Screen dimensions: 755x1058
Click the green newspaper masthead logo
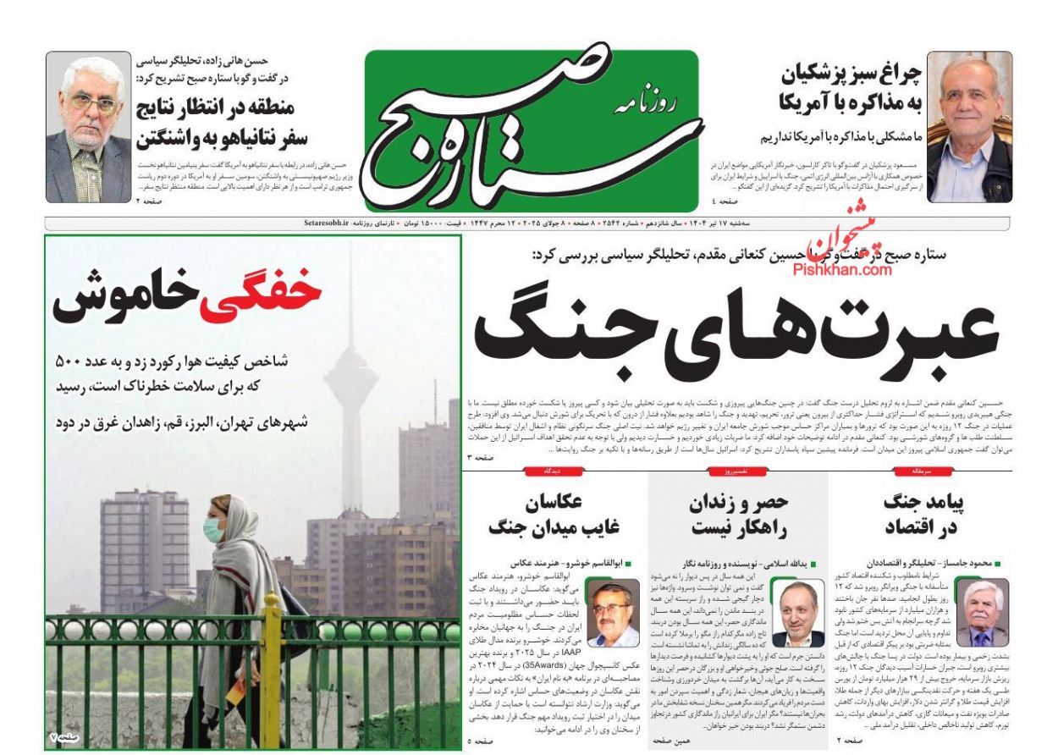pyautogui.click(x=532, y=128)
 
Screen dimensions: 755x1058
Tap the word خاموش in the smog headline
pyautogui.click(x=126, y=298)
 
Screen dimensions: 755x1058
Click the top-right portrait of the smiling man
pyautogui.click(x=969, y=127)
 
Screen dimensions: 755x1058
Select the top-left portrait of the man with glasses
pyautogui.click(x=88, y=127)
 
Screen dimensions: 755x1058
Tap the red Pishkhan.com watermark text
pyautogui.click(x=842, y=269)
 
